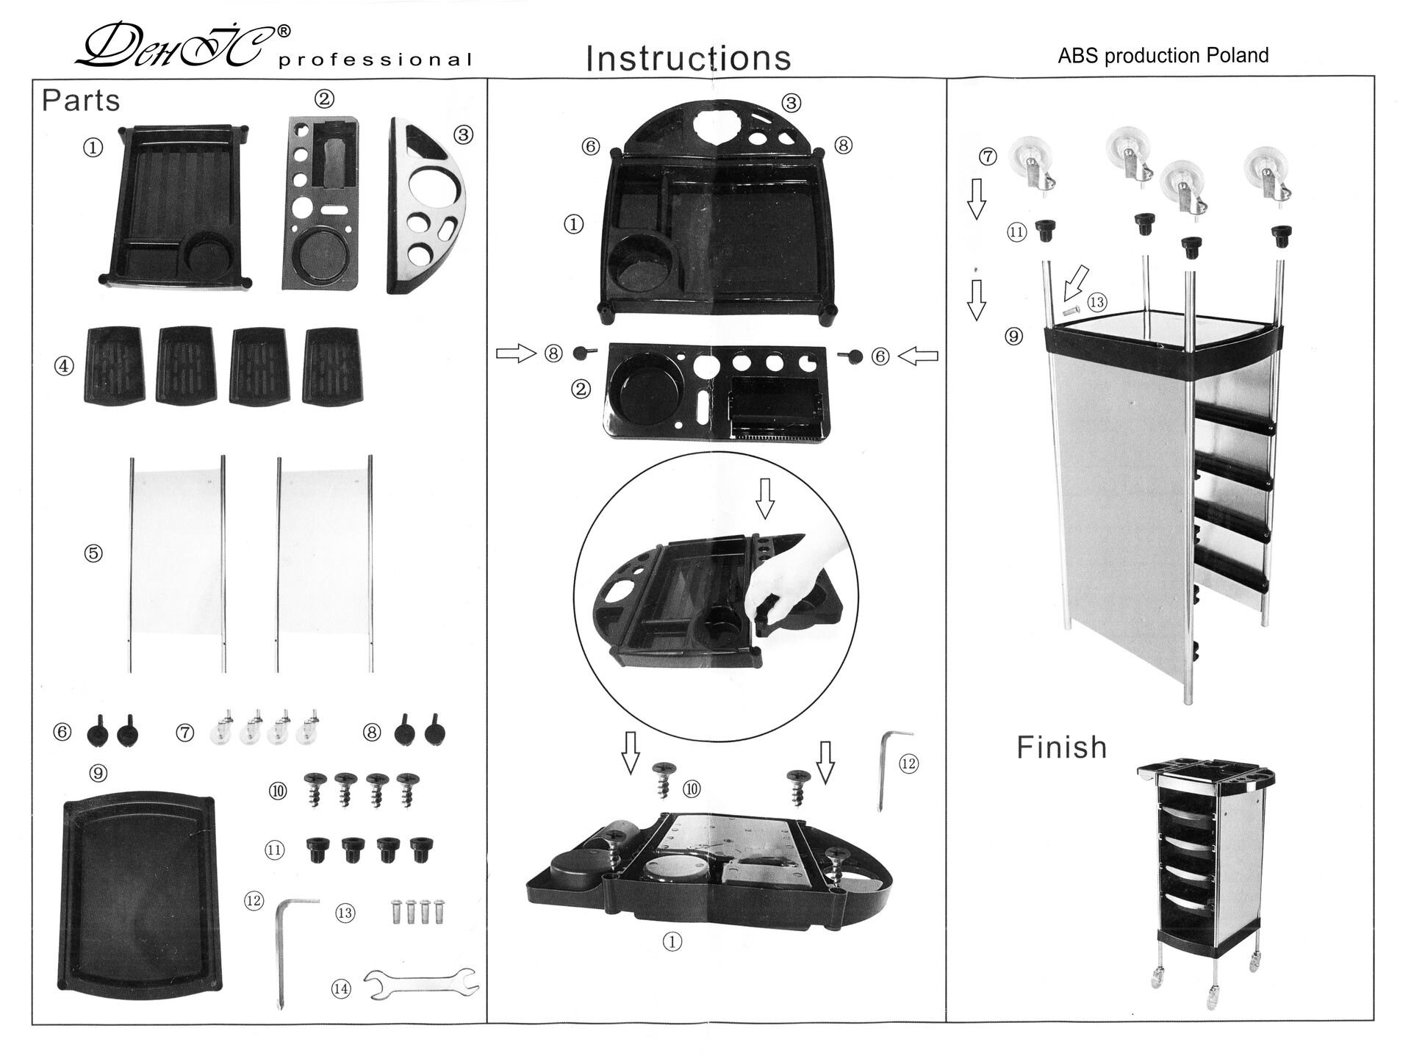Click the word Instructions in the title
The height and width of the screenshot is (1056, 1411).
coord(688,58)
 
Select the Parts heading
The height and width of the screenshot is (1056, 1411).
coord(81,101)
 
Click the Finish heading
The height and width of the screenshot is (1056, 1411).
coord(1061,747)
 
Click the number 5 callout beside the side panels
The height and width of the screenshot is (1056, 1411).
coord(93,553)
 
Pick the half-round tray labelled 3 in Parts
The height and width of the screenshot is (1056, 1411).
coord(425,206)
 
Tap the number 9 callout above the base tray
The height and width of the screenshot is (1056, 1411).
coord(98,773)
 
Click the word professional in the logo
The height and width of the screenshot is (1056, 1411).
coord(375,60)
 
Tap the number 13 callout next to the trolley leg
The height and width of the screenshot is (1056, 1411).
coord(1097,302)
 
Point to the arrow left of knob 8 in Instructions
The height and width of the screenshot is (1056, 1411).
coord(517,354)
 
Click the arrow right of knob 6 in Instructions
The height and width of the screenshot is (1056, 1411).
coord(918,356)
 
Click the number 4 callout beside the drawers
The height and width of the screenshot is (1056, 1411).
coord(65,366)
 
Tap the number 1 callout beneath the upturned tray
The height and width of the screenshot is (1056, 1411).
coord(672,942)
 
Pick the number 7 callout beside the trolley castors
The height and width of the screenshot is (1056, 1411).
coord(988,157)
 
